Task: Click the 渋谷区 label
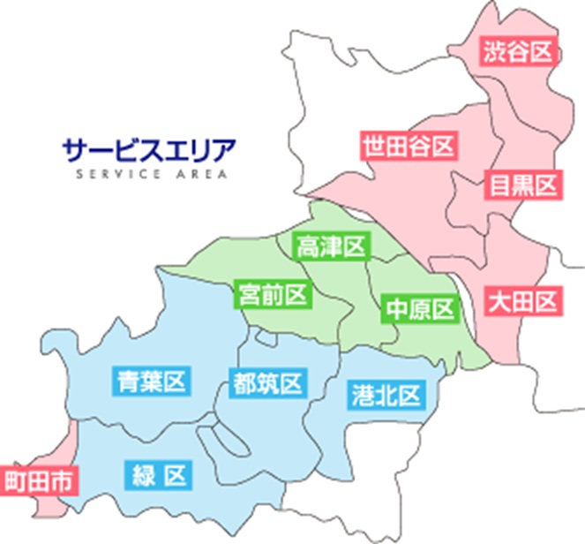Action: (x=517, y=52)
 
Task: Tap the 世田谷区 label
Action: (x=408, y=146)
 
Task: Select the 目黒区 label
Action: (x=523, y=185)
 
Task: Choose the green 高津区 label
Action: (x=331, y=246)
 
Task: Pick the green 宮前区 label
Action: (x=273, y=293)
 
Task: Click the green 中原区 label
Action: (x=419, y=309)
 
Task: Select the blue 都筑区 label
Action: (x=266, y=382)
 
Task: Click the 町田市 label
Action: (x=38, y=482)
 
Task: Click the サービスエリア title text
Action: (x=150, y=147)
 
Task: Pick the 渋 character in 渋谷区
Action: (x=494, y=52)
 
